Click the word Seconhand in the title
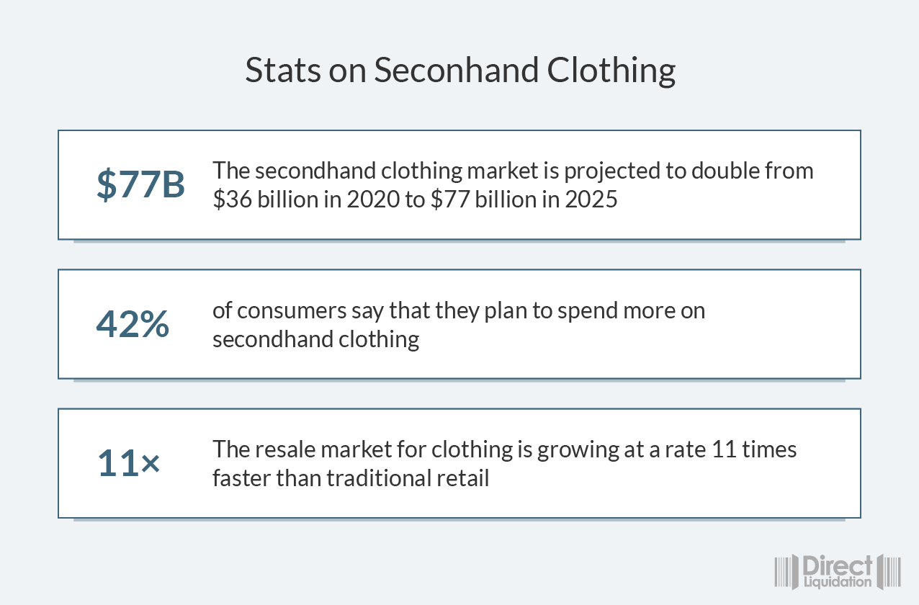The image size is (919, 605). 456,70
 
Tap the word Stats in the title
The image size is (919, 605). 282,70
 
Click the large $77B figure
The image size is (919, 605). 140,184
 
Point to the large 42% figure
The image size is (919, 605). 133,323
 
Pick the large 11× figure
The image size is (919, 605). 129,462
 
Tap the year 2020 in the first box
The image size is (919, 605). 373,200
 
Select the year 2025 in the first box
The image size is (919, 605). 591,200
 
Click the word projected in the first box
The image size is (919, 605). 611,171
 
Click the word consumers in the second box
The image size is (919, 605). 292,311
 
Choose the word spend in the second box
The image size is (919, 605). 588,311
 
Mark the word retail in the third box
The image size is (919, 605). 462,478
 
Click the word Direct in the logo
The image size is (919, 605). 837,566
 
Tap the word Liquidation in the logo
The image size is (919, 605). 838,582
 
